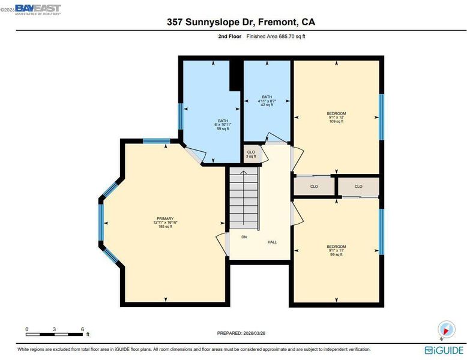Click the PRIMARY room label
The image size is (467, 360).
pos(165,218)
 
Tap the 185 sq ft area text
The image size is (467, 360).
pos(165,227)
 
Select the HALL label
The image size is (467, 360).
pos(273,242)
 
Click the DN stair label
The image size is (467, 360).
pos(244,237)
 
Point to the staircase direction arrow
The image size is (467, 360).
pos(244,198)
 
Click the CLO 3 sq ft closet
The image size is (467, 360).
pos(251,154)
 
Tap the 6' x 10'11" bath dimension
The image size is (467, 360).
pos(223,125)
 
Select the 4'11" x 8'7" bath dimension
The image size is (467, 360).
pos(267,101)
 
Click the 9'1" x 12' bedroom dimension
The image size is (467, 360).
pos(336,118)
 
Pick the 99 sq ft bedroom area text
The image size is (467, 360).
pos(336,254)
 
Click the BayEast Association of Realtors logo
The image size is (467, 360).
pos(38,10)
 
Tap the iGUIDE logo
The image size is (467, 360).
pos(444,350)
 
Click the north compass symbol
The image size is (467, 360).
pos(446,330)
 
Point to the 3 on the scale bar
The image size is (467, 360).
pos(54,329)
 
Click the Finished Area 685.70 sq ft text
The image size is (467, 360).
pos(276,37)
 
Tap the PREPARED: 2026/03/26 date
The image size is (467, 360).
pos(241,333)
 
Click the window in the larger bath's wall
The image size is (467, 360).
pos(180,116)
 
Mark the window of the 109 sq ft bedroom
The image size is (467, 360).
pos(381,117)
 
